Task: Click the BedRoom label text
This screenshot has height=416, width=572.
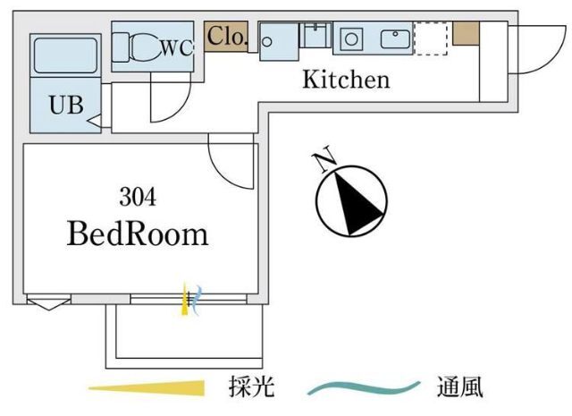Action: click(x=138, y=234)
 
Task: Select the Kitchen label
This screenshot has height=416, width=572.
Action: click(x=346, y=80)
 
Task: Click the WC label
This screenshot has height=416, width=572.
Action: click(x=176, y=50)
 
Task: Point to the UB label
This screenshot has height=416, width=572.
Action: click(x=65, y=105)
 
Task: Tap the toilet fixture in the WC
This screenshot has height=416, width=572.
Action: click(x=139, y=46)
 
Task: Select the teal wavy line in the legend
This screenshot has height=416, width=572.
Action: click(x=363, y=388)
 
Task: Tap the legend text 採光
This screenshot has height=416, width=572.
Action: click(x=251, y=388)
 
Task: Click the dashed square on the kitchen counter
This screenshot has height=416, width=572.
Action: click(x=430, y=39)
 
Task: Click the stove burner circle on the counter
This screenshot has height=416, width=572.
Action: click(x=351, y=38)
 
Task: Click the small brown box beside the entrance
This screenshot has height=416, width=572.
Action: click(x=465, y=33)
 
